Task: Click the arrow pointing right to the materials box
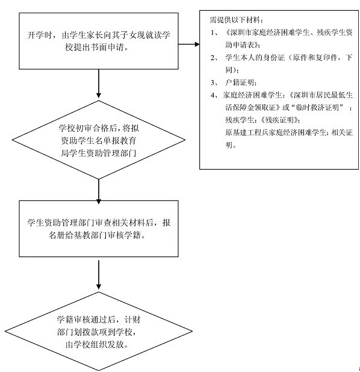click(x=189, y=44)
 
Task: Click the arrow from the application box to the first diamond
click(x=99, y=84)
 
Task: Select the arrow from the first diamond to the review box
click(x=99, y=191)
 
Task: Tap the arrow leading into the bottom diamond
click(x=99, y=274)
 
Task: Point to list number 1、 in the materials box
click(x=214, y=33)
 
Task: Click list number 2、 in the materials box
click(x=214, y=58)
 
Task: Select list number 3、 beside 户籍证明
click(x=214, y=82)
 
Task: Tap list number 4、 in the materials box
click(x=214, y=95)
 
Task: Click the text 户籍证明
click(x=240, y=82)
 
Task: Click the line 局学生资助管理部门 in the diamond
click(x=99, y=153)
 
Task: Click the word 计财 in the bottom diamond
click(x=132, y=320)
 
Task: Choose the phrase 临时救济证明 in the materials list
click(x=317, y=108)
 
